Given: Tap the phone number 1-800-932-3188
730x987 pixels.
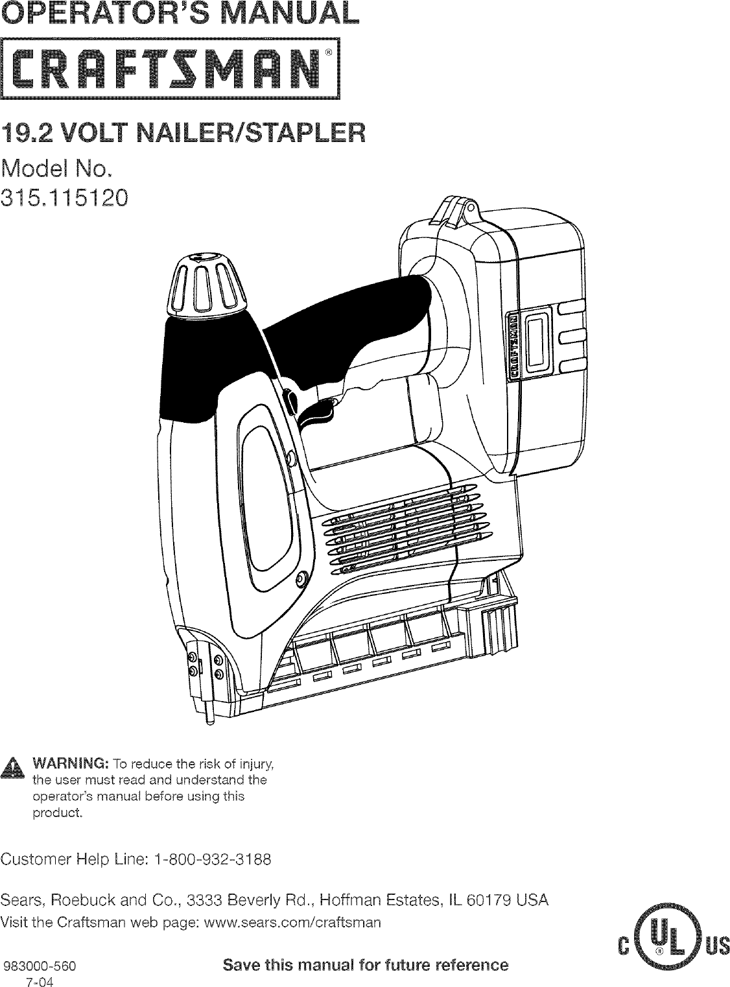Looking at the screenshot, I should coord(212,860).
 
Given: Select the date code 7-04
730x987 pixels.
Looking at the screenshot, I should coord(40,980).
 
